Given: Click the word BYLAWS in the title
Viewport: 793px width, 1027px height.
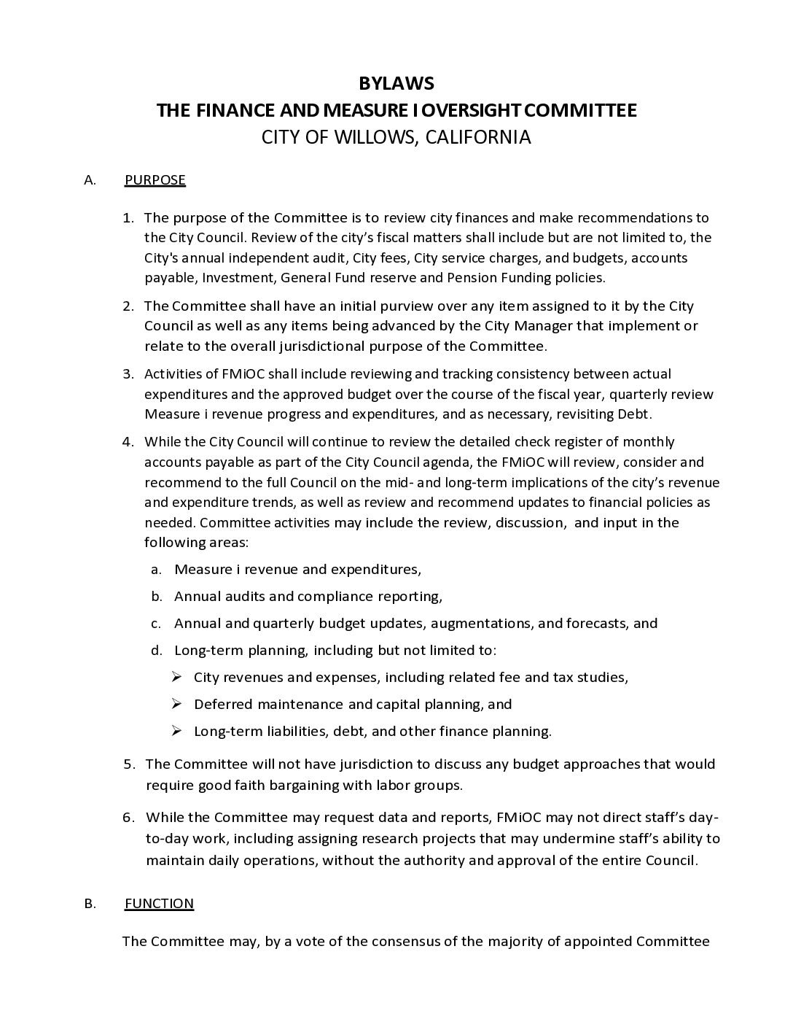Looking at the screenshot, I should [x=396, y=83].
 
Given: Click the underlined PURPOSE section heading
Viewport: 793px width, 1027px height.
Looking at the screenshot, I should [x=155, y=180].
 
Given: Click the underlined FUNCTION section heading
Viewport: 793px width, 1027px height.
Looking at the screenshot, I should [x=159, y=904].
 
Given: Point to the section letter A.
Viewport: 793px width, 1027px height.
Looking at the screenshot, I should [x=90, y=180].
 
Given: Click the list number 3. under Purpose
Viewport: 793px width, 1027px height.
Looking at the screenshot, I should [x=128, y=374].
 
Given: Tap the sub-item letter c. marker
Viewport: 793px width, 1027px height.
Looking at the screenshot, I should [x=156, y=624].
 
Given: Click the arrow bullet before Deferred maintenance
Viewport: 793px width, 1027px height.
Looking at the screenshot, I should [x=176, y=704].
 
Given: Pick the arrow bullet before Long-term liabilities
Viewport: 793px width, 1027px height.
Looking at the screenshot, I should [x=176, y=731].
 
